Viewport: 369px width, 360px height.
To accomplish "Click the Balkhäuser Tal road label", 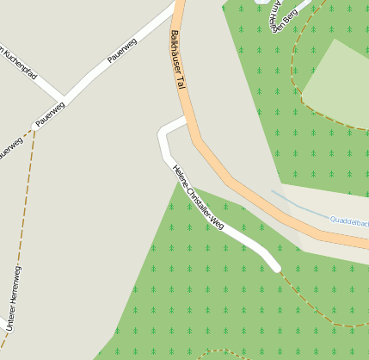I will (179, 60).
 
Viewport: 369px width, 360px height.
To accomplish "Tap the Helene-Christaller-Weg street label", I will (198, 197).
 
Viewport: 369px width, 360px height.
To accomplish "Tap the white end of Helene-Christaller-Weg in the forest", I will (276, 268).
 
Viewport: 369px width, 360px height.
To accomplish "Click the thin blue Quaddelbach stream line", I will (301, 206).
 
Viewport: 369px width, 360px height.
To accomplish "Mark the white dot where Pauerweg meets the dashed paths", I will (35, 127).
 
